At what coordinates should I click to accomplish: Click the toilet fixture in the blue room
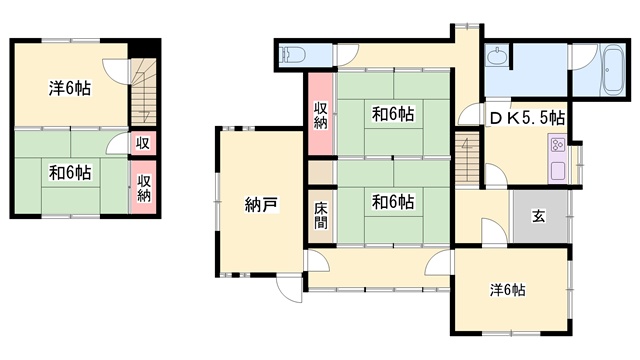click(x=292, y=55)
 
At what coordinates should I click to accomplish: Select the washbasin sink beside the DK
click(x=497, y=56)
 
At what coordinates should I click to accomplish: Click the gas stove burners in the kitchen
click(x=558, y=144)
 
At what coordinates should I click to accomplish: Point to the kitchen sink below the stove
click(x=558, y=171)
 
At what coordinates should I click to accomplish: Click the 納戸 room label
click(x=262, y=204)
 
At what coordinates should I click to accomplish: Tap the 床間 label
click(x=321, y=216)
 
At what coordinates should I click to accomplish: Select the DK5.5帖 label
click(x=527, y=118)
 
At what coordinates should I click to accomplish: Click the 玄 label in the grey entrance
click(x=538, y=216)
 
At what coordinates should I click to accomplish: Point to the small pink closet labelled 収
click(x=143, y=143)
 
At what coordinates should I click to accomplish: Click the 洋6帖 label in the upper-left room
click(x=70, y=89)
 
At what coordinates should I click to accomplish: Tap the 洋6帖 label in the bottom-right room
click(x=507, y=290)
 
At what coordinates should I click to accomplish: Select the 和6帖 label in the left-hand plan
click(x=70, y=173)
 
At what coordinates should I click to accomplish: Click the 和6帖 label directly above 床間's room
click(x=393, y=114)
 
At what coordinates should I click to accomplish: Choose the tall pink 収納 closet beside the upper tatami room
click(x=321, y=114)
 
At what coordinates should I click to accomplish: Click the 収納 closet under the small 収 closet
click(x=143, y=187)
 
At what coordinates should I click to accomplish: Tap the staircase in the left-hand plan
click(x=143, y=92)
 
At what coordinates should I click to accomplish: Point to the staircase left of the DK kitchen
click(x=467, y=158)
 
